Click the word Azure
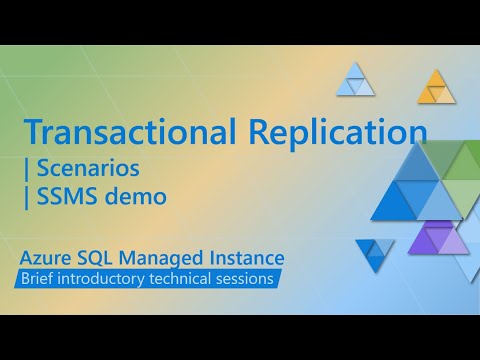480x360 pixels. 51,260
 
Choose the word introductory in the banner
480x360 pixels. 110,280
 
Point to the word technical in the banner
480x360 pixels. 189,280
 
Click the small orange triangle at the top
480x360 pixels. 436,87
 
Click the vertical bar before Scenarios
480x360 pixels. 27,168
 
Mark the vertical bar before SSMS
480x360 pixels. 27,196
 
